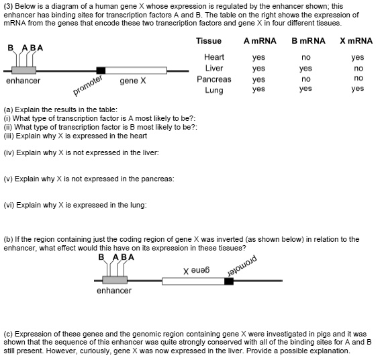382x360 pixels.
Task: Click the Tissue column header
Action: [x=209, y=41]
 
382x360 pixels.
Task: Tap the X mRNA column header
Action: [x=356, y=41]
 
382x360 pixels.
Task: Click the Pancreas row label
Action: [x=213, y=79]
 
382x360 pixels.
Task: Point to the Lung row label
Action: [x=213, y=90]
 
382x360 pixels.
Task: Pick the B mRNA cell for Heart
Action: [x=306, y=58]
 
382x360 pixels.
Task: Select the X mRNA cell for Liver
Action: [x=358, y=69]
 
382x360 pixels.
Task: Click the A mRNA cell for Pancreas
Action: [x=258, y=79]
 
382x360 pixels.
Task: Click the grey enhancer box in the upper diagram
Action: [x=24, y=70]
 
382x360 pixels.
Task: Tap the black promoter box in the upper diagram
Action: [x=101, y=70]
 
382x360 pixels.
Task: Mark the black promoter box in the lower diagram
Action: [x=229, y=280]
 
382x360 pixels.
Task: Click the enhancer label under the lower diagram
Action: [x=113, y=291]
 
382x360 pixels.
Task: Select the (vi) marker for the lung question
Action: [x=9, y=205]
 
